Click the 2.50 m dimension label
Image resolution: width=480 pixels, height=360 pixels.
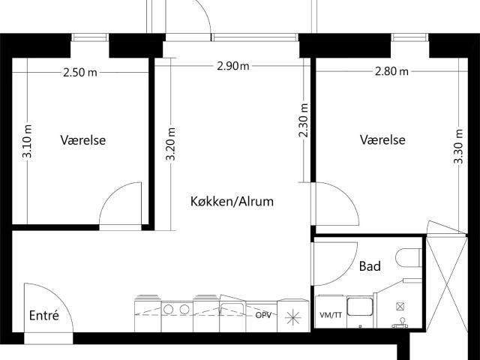tap(80, 73)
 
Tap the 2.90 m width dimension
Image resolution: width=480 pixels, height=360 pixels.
tap(233, 66)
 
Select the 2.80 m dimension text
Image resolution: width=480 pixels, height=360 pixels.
tap(391, 71)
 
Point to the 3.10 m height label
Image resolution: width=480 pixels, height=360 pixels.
tap(27, 141)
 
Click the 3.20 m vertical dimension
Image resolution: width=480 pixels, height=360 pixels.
tap(170, 144)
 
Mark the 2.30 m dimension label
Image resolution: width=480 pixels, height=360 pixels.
tap(304, 120)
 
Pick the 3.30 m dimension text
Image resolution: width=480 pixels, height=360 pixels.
tap(458, 146)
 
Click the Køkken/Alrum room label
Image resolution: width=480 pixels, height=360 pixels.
tap(232, 202)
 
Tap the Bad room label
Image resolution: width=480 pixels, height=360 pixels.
tap(370, 266)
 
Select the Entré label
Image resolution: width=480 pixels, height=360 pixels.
tap(43, 315)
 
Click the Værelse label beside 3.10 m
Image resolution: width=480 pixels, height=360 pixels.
tap(83, 140)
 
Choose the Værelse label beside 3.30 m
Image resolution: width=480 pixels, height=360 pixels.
tap(382, 139)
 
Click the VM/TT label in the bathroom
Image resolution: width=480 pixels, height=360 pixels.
tap(331, 315)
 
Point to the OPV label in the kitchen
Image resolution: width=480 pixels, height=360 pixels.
tap(263, 315)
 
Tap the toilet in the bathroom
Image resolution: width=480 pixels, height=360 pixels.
tap(409, 258)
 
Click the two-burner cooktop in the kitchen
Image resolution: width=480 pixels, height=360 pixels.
tap(177, 309)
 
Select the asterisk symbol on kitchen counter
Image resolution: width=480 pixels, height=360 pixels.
tap(293, 317)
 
